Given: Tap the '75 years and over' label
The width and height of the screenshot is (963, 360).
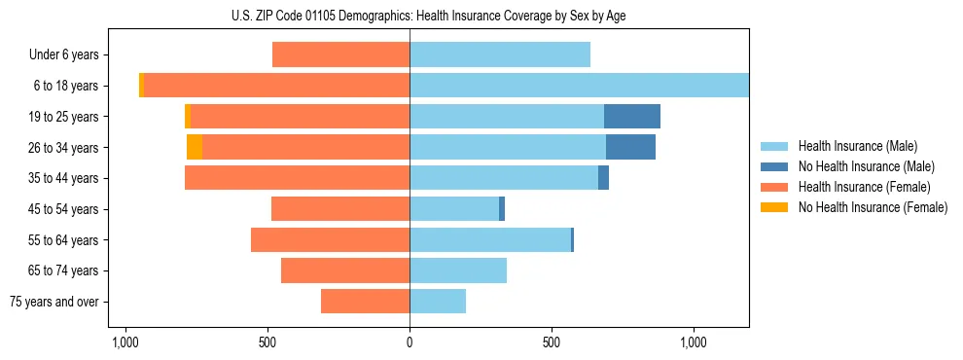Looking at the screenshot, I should [54, 302].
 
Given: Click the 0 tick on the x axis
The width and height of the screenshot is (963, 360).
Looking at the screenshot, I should [410, 343].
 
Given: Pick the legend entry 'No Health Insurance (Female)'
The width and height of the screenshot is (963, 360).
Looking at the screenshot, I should [873, 207].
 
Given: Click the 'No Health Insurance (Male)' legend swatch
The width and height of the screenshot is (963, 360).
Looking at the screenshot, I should [775, 166].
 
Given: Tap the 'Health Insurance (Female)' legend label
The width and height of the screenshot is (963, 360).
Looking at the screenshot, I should [864, 187].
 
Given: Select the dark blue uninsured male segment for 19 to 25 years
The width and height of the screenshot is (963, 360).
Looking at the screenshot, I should [632, 117].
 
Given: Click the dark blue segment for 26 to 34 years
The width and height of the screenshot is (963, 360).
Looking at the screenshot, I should [630, 147].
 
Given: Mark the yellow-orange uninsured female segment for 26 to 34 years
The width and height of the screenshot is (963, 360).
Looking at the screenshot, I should [195, 147].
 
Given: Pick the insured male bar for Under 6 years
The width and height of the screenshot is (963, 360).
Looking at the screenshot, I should [500, 55].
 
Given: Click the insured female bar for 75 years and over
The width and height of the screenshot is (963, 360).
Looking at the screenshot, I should [365, 302].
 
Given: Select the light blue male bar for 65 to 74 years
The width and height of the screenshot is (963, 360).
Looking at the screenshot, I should [458, 270].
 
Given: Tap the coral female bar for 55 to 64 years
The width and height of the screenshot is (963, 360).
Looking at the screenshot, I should [330, 239].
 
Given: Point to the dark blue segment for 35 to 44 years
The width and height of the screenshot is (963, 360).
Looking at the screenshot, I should [603, 178].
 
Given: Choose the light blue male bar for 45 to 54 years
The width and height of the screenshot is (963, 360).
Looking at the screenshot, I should [454, 209].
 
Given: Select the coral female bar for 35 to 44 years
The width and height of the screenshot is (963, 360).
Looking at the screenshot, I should [297, 178].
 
